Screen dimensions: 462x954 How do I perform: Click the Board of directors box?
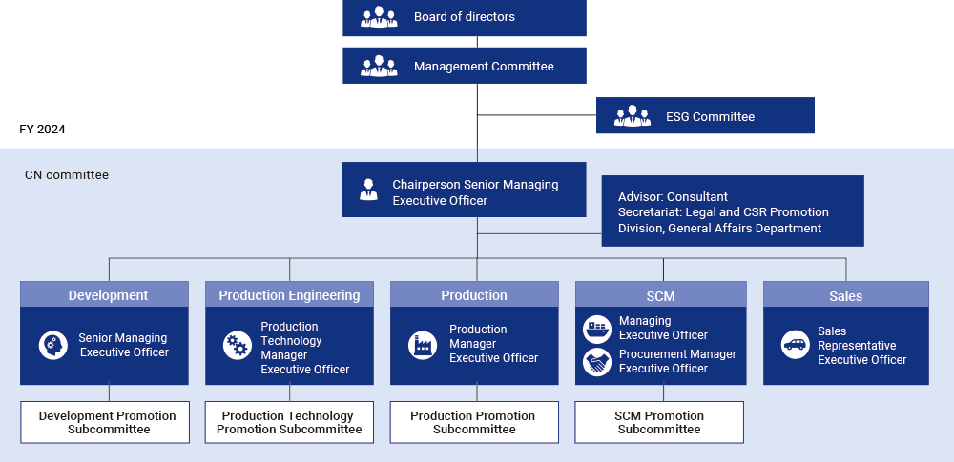464,17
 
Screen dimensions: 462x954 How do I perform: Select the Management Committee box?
464,67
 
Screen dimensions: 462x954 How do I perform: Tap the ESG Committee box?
705,116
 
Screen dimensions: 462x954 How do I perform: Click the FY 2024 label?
42,129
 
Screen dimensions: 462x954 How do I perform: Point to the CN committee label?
67,175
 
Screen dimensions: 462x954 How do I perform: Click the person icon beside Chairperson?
368,189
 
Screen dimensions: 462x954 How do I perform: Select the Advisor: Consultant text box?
732,211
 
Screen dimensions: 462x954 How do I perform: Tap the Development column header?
108,295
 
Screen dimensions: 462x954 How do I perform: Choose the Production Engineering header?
289,295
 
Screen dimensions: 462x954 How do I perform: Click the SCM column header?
660,295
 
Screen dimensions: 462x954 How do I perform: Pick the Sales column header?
845,295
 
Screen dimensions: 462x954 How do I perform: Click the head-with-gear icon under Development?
53,345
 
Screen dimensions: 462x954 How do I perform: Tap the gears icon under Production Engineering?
237,345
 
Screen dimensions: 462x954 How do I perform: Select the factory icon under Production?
422,345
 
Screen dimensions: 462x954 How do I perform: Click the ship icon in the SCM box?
597,329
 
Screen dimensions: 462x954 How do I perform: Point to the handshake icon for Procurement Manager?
597,362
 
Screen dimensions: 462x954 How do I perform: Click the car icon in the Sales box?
795,345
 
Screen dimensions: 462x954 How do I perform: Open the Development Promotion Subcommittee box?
108,422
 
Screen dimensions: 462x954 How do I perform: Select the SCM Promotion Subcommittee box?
659,422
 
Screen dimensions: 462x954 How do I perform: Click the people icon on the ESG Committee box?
633,116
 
